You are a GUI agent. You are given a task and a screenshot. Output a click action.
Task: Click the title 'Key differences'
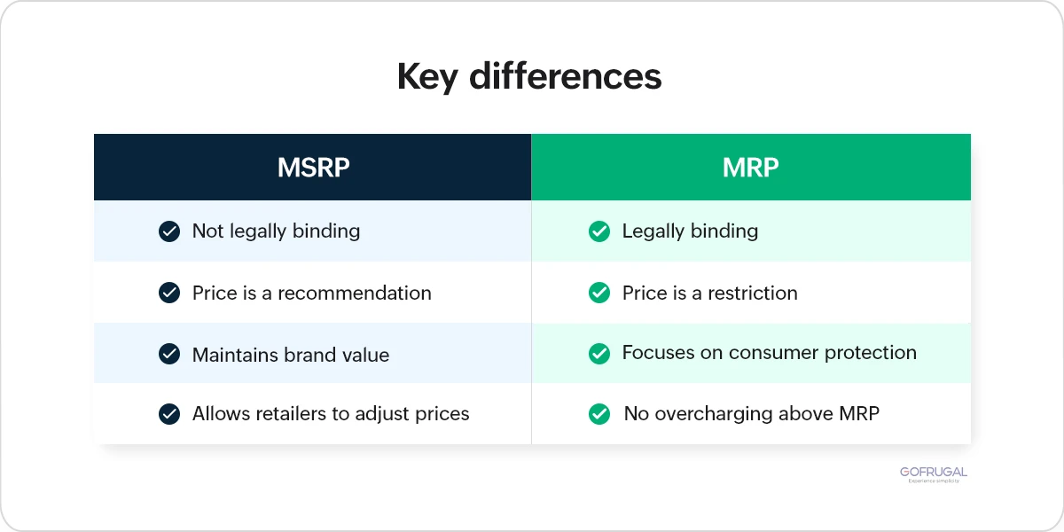pyautogui.click(x=529, y=77)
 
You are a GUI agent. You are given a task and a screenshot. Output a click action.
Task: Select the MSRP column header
pyautogui.click(x=313, y=168)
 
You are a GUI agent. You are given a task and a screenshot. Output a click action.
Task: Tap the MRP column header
pyautogui.click(x=750, y=168)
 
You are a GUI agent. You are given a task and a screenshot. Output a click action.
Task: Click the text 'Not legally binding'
pyautogui.click(x=276, y=231)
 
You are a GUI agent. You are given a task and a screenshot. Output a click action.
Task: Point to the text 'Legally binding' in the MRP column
pyautogui.click(x=690, y=231)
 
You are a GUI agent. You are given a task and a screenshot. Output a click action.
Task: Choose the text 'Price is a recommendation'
pyautogui.click(x=311, y=293)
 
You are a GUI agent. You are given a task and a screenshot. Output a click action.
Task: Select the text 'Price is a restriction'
pyautogui.click(x=709, y=293)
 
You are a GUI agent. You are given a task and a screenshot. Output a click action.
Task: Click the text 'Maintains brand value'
pyautogui.click(x=290, y=355)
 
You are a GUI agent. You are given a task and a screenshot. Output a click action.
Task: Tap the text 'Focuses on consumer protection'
pyautogui.click(x=769, y=353)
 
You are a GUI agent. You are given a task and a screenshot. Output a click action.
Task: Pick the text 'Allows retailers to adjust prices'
pyautogui.click(x=330, y=413)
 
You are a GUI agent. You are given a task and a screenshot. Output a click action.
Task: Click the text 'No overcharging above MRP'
pyautogui.click(x=751, y=413)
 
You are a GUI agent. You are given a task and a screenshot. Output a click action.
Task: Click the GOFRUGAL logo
pyautogui.click(x=934, y=473)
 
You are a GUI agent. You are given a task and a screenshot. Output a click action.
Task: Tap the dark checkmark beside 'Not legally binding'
pyautogui.click(x=168, y=231)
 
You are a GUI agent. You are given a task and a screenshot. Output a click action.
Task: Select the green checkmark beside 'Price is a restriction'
pyautogui.click(x=599, y=293)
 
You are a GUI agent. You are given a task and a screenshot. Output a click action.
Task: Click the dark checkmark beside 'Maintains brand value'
pyautogui.click(x=168, y=354)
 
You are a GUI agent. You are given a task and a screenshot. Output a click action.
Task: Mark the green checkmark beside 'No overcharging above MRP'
pyautogui.click(x=599, y=413)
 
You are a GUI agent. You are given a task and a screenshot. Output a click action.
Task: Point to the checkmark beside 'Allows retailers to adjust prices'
pyautogui.click(x=168, y=414)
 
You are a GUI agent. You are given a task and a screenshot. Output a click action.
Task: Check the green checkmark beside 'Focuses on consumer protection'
pyautogui.click(x=599, y=354)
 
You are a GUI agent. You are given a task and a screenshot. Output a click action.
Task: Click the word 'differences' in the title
pyautogui.click(x=566, y=77)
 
